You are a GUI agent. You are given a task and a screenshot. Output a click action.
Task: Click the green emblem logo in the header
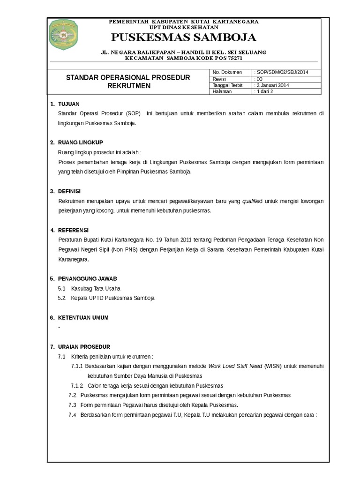pos(64,35)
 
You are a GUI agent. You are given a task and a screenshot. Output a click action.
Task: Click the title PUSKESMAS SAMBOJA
pos(183,37)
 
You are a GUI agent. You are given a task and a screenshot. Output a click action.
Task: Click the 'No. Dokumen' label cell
pos(227,72)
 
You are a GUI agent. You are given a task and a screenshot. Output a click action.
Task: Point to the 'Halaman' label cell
pos(223,92)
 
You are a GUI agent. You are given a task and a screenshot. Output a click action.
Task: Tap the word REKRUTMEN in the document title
pos(128,86)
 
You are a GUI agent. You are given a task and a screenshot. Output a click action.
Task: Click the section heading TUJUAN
pos(68,104)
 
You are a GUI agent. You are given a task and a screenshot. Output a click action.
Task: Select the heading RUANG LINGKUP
pos(80,142)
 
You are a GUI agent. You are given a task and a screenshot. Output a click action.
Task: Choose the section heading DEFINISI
pos(69,191)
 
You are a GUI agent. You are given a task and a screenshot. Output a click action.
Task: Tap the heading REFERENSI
pos(73,230)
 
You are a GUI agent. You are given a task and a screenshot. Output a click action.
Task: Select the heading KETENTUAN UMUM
pos(83,318)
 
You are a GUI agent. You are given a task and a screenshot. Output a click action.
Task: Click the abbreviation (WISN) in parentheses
pos(273,366)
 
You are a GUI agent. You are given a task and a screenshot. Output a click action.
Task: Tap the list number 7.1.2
pos(77,386)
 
